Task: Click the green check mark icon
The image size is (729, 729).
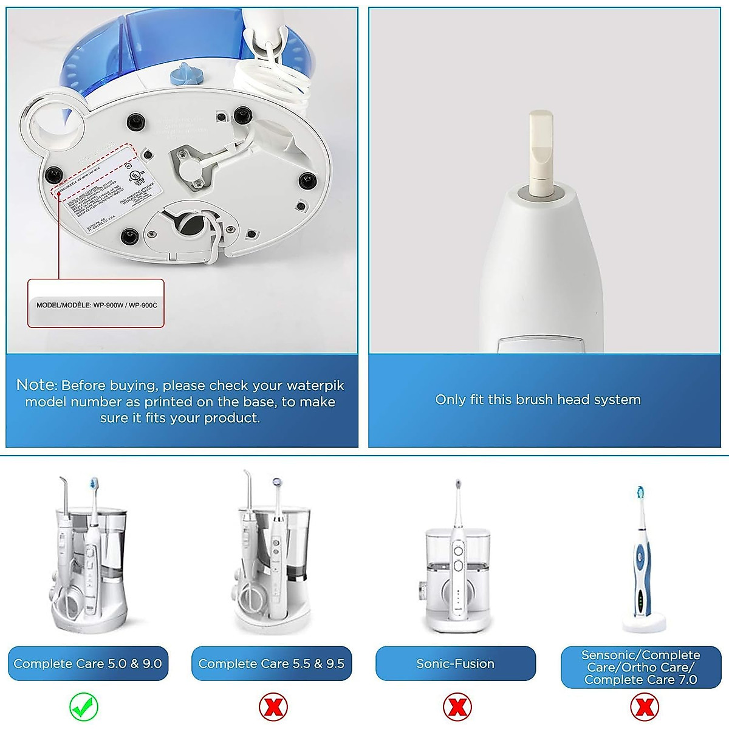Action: tap(84, 706)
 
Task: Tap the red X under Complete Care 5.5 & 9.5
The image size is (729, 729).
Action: tap(273, 707)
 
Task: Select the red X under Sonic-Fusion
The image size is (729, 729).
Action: tap(457, 707)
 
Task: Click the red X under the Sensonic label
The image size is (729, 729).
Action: tap(643, 707)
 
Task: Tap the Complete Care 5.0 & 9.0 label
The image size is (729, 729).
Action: tap(88, 663)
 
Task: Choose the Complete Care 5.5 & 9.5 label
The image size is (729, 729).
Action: tap(272, 663)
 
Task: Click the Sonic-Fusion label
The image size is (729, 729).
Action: tap(456, 663)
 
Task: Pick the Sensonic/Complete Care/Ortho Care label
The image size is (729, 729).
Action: tap(641, 667)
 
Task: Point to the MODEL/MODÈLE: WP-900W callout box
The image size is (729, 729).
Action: tap(96, 304)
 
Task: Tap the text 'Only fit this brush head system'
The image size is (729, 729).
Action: tap(538, 400)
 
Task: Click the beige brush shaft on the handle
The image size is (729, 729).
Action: tap(540, 152)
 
